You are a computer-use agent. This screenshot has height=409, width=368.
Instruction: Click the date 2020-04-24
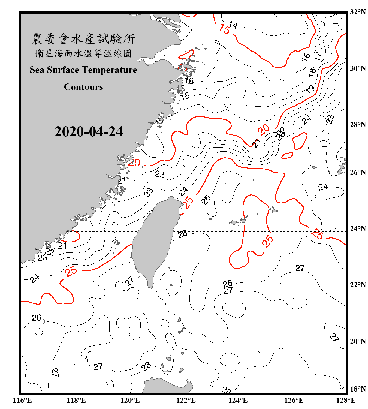[89, 131]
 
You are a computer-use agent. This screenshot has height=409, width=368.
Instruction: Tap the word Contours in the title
[83, 87]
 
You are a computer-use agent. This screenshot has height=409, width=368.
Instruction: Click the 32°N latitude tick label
[358, 12]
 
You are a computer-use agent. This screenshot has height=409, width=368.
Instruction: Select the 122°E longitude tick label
[186, 400]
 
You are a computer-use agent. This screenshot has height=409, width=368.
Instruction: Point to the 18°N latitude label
[358, 389]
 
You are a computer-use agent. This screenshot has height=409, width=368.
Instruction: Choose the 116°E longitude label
[22, 400]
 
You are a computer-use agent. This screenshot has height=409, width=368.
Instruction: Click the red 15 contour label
[224, 29]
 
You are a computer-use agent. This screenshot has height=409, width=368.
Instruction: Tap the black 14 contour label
[233, 25]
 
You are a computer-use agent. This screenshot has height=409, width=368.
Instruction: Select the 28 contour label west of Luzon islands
[146, 366]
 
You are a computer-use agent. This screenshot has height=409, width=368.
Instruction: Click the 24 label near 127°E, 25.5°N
[323, 187]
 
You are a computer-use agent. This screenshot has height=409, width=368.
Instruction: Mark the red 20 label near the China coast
[134, 163]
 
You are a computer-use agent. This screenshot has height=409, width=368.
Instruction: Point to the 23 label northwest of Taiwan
[149, 192]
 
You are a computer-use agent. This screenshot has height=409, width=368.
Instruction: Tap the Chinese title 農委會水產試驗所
[83, 39]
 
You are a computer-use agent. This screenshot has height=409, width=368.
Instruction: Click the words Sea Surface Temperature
[83, 70]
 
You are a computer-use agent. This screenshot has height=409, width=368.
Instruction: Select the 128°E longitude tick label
[346, 400]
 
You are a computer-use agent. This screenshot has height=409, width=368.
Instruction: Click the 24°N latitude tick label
[358, 228]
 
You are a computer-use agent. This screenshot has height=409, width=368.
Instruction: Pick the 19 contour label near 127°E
[310, 89]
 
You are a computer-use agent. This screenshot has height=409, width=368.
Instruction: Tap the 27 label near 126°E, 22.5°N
[300, 268]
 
